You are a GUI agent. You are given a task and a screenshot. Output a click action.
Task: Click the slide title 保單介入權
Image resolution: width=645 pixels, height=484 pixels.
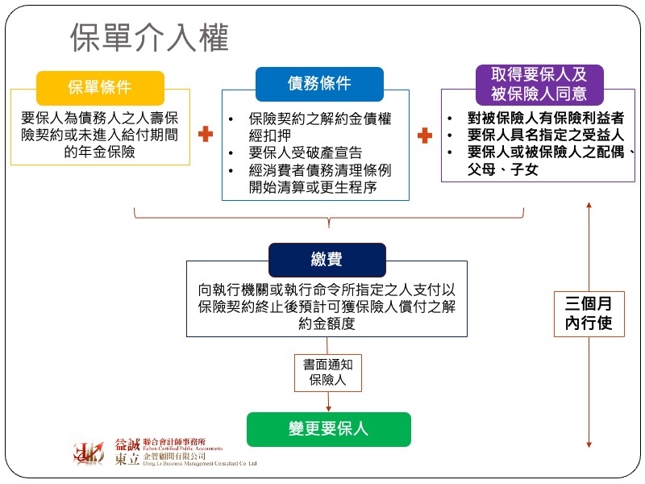[x=149, y=38]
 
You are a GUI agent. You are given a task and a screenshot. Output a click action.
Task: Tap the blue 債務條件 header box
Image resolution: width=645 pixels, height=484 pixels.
[x=319, y=84]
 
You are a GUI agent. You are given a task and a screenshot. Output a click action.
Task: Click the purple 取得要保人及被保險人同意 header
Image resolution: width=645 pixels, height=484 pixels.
[x=538, y=83]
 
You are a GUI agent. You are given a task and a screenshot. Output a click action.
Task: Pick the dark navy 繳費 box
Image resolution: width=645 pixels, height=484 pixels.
[x=327, y=259]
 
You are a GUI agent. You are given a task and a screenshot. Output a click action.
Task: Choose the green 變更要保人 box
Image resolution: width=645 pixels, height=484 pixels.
[x=328, y=429]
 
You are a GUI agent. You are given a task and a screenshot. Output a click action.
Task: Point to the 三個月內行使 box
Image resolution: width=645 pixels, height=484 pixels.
[x=589, y=314]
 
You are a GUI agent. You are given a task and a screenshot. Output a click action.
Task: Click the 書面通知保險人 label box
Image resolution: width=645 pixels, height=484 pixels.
[x=327, y=372]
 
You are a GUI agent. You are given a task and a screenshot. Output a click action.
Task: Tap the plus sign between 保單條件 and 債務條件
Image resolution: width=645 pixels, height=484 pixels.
[x=206, y=135]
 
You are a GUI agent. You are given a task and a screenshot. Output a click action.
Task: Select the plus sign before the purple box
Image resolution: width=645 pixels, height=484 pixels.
[x=425, y=135]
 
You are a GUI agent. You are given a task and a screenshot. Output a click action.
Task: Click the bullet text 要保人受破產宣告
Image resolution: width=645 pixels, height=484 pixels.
[x=306, y=153]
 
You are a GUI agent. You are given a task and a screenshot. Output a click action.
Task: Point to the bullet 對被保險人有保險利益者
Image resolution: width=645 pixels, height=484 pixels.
[x=546, y=118]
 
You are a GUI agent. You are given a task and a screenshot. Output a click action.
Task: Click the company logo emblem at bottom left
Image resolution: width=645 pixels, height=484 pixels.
[x=89, y=453]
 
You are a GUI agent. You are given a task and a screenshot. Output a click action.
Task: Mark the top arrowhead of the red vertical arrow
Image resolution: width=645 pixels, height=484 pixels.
[x=589, y=207]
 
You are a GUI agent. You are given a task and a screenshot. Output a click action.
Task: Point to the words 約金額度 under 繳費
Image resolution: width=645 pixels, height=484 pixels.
[x=327, y=323]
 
